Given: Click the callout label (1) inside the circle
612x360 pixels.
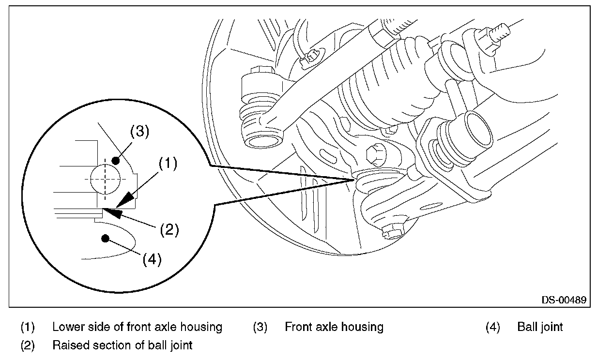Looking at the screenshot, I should (168, 163).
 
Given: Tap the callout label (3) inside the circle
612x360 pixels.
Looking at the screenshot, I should (139, 131).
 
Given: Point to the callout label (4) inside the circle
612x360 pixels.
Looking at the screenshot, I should (152, 259).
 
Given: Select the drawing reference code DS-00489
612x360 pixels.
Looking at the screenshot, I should (564, 300).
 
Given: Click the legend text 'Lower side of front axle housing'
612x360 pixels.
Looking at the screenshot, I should (137, 327).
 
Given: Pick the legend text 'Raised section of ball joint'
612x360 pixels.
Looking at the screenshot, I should (122, 345).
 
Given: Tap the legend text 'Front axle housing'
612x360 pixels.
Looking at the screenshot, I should (334, 327).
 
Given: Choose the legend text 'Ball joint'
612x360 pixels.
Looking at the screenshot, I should (540, 327).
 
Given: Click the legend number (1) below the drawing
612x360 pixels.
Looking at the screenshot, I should (28, 327).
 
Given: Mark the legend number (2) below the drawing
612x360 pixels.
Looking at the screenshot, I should (28, 345).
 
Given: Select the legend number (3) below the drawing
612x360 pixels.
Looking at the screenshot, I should (260, 327).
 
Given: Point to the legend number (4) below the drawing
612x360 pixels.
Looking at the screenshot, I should (492, 327).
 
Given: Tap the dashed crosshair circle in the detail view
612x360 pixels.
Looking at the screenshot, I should (105, 179).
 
